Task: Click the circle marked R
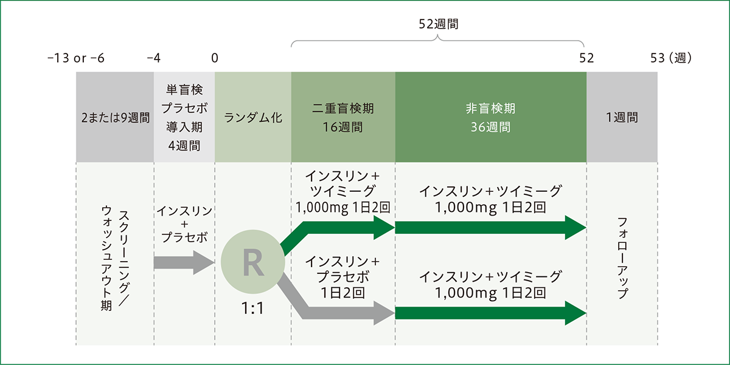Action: tap(253, 262)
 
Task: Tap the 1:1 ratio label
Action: tap(252, 309)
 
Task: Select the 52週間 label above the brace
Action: tap(439, 24)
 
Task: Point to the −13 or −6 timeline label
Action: tap(75, 58)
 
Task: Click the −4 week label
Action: tap(154, 58)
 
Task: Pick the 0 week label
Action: tap(215, 58)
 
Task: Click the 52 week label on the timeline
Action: tap(586, 58)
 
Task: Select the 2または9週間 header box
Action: tap(115, 117)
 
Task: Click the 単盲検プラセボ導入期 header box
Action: tap(184, 117)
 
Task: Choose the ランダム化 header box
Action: tap(253, 117)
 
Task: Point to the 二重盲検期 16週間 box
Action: tap(343, 117)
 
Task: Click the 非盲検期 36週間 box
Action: tap(490, 117)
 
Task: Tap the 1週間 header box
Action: tap(622, 117)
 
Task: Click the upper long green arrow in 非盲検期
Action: tap(490, 228)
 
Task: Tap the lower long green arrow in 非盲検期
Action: tap(490, 313)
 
